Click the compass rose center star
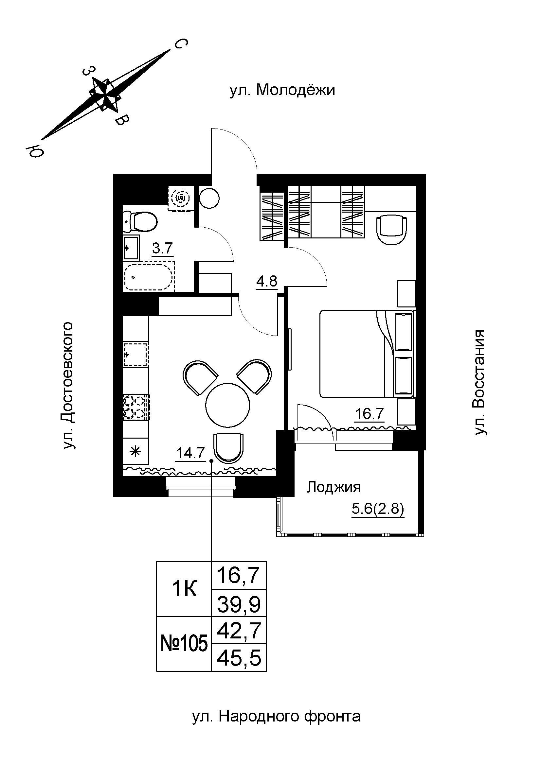(x=105, y=94)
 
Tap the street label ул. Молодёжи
(x=282, y=90)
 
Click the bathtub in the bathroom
(x=149, y=276)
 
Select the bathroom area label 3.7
(x=163, y=249)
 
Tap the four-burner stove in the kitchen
(x=136, y=407)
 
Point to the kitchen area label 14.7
(x=190, y=453)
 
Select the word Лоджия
(x=334, y=487)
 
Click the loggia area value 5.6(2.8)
(x=378, y=509)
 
